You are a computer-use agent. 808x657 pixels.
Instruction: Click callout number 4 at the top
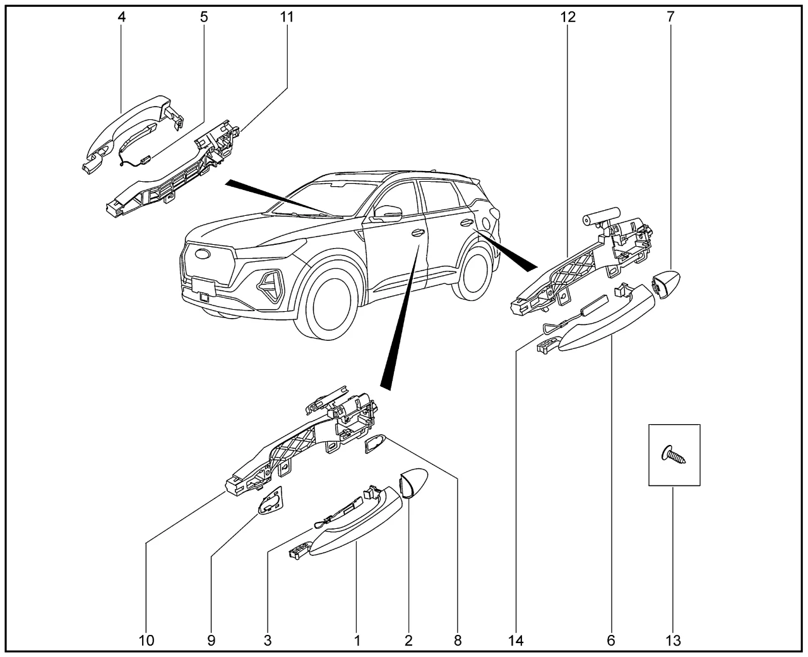[x=122, y=17]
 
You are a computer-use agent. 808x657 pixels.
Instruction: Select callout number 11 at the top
[x=287, y=17]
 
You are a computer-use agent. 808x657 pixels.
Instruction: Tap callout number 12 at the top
[x=567, y=17]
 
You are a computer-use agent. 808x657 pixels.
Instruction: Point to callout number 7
[x=670, y=17]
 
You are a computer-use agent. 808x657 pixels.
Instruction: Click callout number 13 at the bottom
[x=673, y=641]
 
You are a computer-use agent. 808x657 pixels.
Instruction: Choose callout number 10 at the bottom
[x=146, y=641]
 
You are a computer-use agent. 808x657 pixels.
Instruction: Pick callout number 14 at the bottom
[x=516, y=641]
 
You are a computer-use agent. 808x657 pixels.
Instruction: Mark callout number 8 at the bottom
[x=458, y=641]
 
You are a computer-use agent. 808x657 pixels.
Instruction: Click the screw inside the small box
[x=673, y=454]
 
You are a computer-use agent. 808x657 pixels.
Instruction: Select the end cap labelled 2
[x=413, y=483]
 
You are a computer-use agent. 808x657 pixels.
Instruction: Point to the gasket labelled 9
[x=271, y=500]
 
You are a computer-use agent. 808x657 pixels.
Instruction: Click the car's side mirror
[x=387, y=213]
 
